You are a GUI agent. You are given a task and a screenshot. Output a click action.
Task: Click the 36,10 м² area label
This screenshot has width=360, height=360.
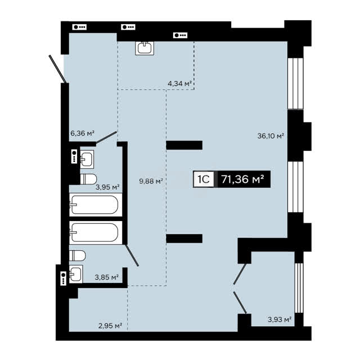271,136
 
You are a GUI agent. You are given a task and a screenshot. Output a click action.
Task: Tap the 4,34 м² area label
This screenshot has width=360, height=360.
179,84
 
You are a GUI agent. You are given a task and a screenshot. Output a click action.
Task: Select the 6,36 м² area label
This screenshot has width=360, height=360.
83,133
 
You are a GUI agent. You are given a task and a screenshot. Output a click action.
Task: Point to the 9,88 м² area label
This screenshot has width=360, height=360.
151,181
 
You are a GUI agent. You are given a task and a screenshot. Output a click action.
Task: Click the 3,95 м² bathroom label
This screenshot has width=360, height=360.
107,187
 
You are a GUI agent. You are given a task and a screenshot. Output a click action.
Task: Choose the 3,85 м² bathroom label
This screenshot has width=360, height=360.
107,277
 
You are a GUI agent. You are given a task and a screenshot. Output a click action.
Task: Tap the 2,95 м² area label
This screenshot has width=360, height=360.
110,326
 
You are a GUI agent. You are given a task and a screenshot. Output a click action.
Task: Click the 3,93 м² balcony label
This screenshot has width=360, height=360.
280,319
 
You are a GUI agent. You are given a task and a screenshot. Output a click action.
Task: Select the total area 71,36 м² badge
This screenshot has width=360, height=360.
244,179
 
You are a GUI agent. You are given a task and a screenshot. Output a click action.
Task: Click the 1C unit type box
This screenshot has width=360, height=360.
204,179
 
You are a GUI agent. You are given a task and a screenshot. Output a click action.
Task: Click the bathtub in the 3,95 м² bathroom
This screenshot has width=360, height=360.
96,205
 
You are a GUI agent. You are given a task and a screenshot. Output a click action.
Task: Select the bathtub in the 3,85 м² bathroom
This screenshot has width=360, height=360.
96,232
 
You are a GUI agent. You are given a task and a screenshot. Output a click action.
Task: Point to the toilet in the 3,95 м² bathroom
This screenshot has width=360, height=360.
88,179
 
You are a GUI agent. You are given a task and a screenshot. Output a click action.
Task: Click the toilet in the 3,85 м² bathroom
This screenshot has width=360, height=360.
78,255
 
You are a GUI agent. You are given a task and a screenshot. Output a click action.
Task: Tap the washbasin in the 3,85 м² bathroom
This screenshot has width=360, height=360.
76,274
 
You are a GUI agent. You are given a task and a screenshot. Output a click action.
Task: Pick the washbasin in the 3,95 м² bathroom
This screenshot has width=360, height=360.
87,159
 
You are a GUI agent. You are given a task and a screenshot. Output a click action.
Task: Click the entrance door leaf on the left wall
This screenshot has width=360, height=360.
58,69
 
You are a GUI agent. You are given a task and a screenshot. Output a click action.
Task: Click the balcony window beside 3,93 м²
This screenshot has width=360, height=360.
299,287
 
